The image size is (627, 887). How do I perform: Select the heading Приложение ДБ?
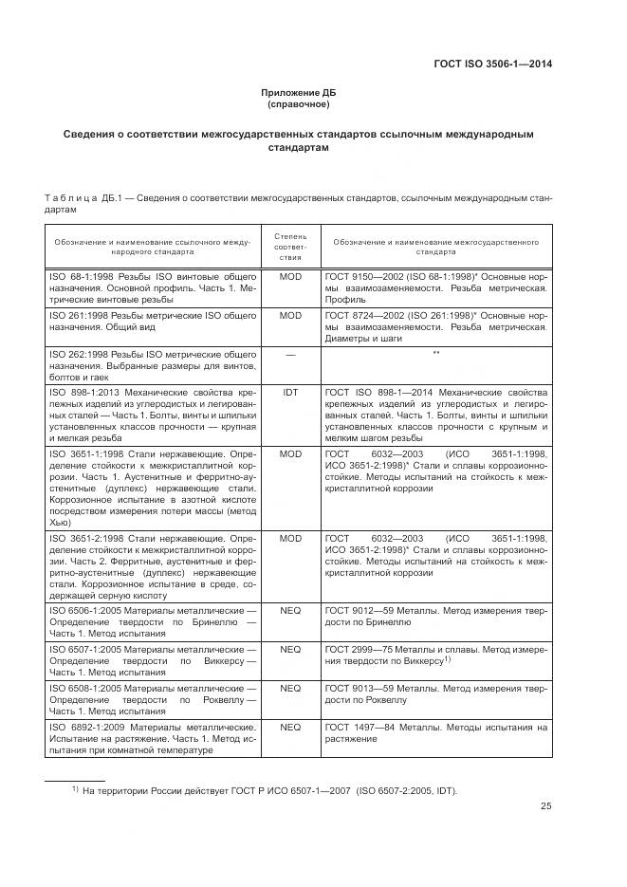tap(299, 92)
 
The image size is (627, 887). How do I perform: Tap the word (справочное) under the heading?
tap(299, 103)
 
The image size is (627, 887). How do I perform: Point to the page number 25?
tap(545, 806)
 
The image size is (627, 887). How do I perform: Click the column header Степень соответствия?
tap(289, 246)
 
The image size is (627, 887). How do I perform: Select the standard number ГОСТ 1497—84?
tap(359, 727)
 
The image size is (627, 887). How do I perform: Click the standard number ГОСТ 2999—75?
tap(359, 649)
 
